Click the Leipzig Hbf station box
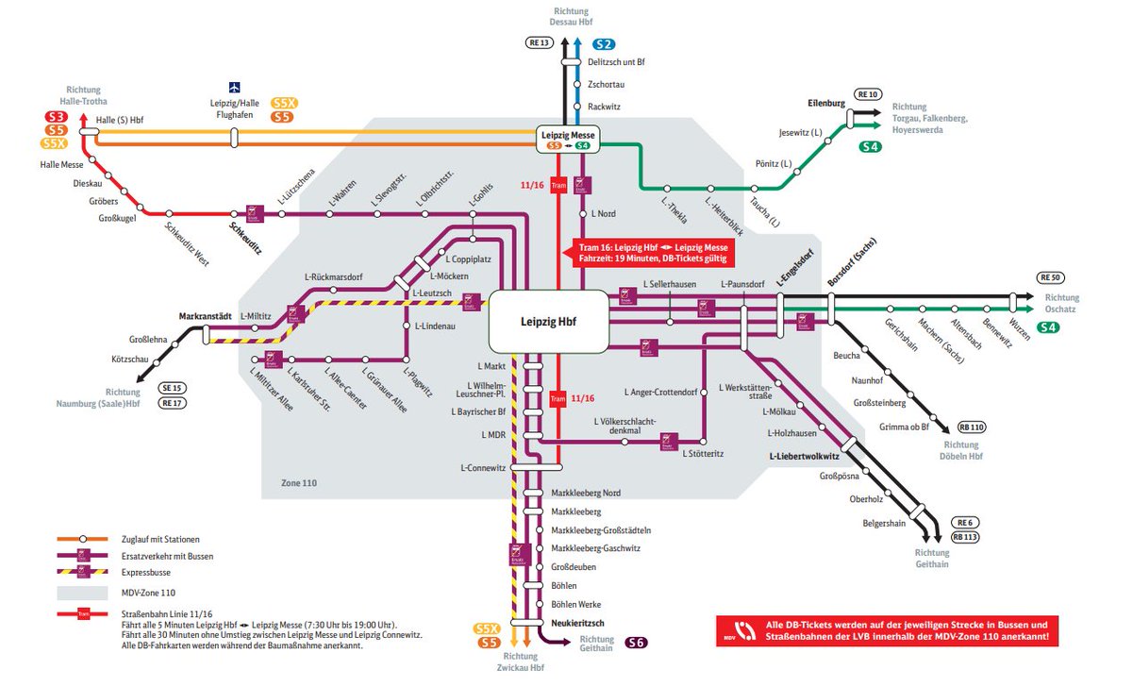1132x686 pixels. click(x=548, y=322)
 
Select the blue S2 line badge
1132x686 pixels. click(x=604, y=44)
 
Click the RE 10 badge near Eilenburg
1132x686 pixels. click(x=867, y=94)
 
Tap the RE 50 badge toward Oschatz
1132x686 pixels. click(x=1050, y=276)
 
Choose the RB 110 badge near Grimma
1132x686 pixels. click(x=971, y=427)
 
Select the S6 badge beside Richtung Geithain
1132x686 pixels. click(x=637, y=643)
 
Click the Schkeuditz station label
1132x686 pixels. click(x=245, y=227)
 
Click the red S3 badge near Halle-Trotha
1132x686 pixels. click(x=56, y=117)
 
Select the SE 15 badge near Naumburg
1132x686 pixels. click(x=173, y=387)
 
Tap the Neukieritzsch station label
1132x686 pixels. click(x=577, y=623)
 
